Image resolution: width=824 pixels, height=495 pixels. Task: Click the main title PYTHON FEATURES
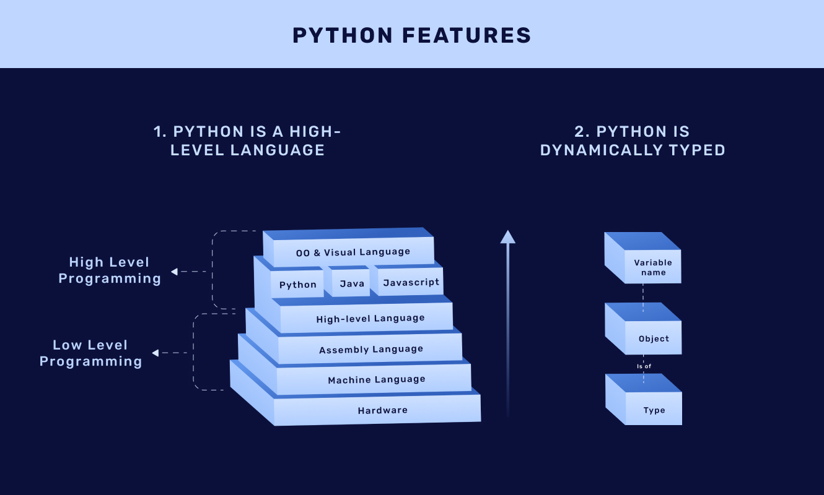(x=411, y=36)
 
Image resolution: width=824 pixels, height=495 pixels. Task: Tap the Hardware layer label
(x=383, y=410)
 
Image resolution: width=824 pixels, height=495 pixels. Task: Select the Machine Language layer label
(x=377, y=380)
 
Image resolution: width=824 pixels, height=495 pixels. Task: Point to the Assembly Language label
(x=371, y=349)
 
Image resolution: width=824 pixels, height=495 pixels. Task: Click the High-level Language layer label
(x=370, y=318)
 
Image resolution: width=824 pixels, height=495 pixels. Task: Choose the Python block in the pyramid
(x=297, y=282)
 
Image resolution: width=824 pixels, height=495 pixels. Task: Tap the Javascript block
(x=409, y=280)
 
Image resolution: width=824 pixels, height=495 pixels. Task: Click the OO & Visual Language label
(x=353, y=252)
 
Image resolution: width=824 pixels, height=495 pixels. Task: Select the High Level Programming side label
(x=110, y=270)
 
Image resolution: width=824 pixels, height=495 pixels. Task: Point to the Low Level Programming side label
(x=90, y=353)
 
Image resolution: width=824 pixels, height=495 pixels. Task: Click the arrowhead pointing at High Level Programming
(x=174, y=272)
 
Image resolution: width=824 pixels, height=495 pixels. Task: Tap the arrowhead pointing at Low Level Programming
(x=156, y=353)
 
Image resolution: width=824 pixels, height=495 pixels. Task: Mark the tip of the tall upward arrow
(x=507, y=230)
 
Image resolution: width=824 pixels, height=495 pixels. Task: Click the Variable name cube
(x=642, y=257)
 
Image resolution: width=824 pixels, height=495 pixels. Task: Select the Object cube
(x=643, y=329)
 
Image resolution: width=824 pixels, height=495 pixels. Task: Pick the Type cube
(x=643, y=400)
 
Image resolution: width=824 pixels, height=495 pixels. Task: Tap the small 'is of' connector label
(x=644, y=366)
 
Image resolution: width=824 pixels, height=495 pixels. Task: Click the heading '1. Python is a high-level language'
(x=247, y=140)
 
